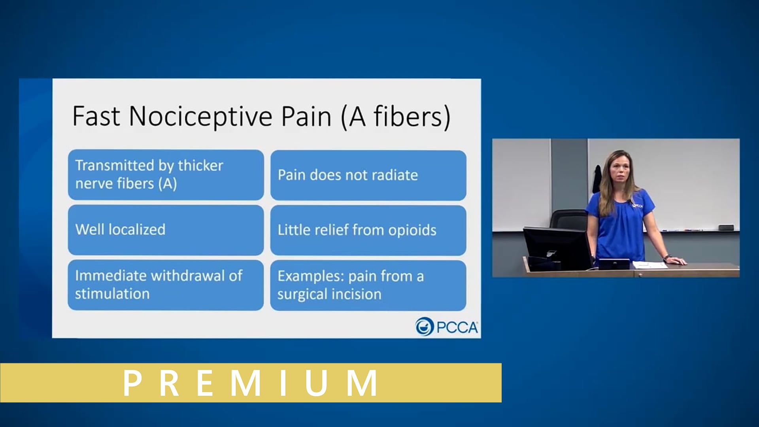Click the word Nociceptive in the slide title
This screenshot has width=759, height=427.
click(200, 117)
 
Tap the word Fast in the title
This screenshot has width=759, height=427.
click(96, 117)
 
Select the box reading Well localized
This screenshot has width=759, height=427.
click(166, 230)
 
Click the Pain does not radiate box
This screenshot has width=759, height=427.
click(368, 175)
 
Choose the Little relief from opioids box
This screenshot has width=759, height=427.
click(368, 230)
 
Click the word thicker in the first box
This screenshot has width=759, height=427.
click(200, 166)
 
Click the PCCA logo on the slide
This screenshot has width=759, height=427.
click(447, 327)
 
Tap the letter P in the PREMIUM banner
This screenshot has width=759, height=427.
click(132, 383)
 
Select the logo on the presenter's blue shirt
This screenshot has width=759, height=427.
click(638, 206)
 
